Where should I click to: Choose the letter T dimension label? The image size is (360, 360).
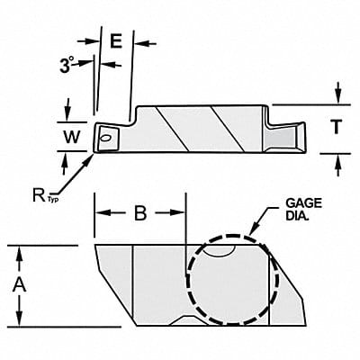335,128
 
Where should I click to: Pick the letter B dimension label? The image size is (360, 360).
139,213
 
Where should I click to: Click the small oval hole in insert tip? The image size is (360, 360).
107,138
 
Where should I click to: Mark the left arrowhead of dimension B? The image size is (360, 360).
99,214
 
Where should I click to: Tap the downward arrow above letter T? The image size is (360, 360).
337,99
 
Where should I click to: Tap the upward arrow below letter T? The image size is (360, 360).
337,158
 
